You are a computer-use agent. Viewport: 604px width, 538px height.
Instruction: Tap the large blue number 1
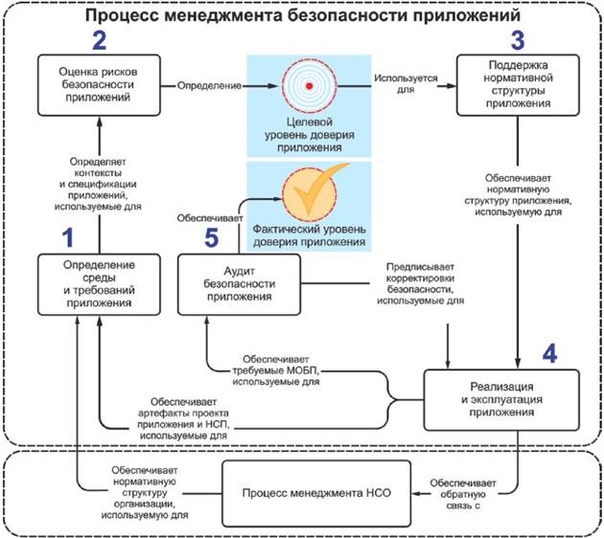67,235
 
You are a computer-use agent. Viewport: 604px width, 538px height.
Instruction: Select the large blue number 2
100,40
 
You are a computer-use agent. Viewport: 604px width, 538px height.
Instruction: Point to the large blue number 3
518,40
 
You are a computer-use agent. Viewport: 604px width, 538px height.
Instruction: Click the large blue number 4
547,351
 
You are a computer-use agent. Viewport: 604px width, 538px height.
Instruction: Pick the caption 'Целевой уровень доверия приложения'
309,135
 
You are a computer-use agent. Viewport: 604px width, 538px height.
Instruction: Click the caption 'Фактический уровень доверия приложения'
309,236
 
